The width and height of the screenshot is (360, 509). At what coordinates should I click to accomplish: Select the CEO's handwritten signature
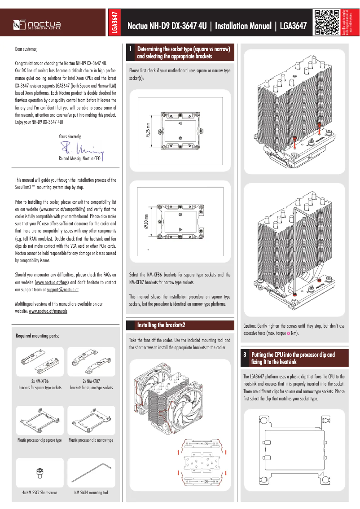pos(81,148)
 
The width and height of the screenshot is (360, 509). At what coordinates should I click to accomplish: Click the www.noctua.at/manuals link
pos(48,311)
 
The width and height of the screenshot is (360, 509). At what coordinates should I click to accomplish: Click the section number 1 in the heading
pos(131,48)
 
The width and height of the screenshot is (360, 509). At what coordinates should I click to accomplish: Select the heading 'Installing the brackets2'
pos(161,325)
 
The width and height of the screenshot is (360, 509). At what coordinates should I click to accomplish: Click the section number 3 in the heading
pos(245,355)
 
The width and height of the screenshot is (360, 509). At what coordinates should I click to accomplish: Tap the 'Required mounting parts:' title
pos(38,336)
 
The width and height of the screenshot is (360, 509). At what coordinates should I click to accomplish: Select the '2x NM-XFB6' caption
pos(40,381)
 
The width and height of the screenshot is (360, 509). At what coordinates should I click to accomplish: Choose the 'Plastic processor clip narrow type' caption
pos(91,440)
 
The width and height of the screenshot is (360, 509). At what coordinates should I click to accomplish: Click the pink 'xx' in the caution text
pos(288,333)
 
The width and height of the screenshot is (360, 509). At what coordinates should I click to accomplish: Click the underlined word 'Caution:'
pos(250,326)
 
